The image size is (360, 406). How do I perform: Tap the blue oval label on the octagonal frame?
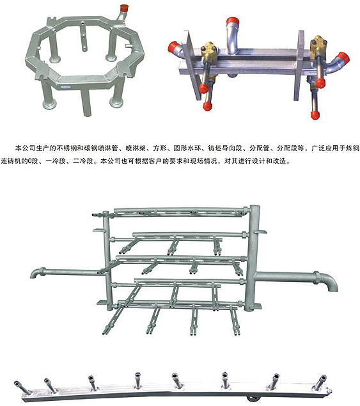point(66,87)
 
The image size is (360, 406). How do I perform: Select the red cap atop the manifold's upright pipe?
point(232,22)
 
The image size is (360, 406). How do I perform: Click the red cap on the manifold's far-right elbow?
point(343,59)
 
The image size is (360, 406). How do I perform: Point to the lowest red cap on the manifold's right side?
point(315,115)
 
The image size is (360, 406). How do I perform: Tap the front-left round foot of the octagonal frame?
point(49,104)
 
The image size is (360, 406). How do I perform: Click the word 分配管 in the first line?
point(259,148)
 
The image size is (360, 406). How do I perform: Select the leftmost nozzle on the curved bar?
point(22,387)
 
